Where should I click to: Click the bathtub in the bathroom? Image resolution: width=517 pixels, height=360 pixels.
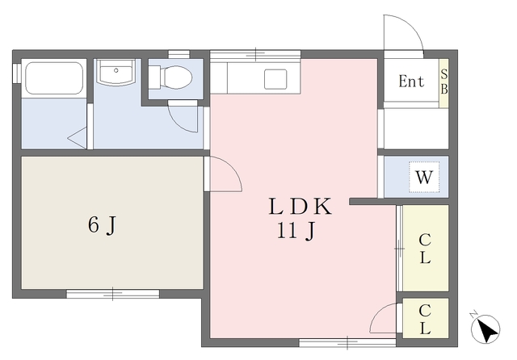[x=54, y=78]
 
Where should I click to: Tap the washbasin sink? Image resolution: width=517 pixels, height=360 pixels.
[x=116, y=72]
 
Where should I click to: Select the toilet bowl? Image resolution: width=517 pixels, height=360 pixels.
[x=170, y=77]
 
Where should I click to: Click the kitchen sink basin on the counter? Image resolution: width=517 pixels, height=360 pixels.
[x=275, y=79]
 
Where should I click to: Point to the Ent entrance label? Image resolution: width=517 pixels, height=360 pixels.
[x=411, y=81]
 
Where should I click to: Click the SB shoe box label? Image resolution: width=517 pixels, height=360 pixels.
[x=444, y=82]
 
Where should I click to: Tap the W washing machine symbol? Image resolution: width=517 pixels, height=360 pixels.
[x=424, y=178]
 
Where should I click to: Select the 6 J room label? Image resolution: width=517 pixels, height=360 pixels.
[x=103, y=225]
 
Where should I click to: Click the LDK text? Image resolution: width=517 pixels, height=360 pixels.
[x=300, y=207]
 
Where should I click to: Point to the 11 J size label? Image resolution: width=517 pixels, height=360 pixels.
[x=296, y=230]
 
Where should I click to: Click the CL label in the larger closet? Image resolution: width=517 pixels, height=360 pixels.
[x=425, y=249]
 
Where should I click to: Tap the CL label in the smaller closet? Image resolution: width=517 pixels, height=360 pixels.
[x=425, y=319]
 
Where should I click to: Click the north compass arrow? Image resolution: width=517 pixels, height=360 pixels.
[x=485, y=329]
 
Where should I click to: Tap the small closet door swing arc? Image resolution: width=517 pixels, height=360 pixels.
[x=378, y=313]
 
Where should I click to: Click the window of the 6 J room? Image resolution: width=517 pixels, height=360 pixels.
[x=113, y=294]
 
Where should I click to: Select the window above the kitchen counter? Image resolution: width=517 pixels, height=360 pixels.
[x=255, y=54]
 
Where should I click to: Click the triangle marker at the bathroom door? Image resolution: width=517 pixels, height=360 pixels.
[x=78, y=138]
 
